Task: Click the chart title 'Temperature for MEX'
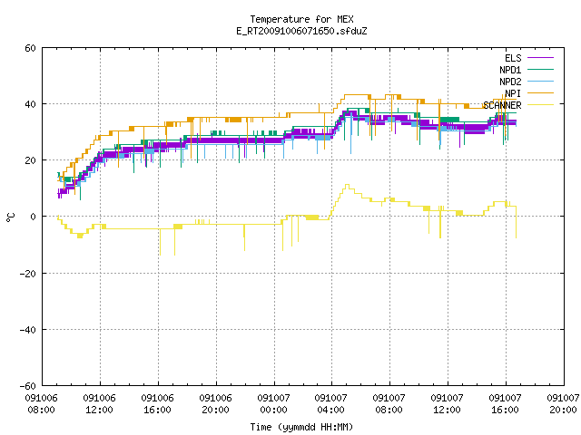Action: pyautogui.click(x=301, y=19)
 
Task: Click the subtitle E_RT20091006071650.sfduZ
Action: pyautogui.click(x=301, y=31)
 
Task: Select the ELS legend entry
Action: pyautogui.click(x=513, y=58)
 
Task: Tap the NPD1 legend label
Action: pyautogui.click(x=510, y=70)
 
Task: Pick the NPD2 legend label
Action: pyautogui.click(x=510, y=82)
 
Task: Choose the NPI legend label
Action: pyautogui.click(x=513, y=93)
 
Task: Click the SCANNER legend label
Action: pyautogui.click(x=502, y=105)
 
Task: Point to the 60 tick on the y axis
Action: pyautogui.click(x=30, y=48)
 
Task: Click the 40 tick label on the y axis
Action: pyautogui.click(x=30, y=104)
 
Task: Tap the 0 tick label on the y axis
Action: pyautogui.click(x=33, y=217)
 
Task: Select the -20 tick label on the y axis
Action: pyautogui.click(x=27, y=274)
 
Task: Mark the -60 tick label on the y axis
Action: pyautogui.click(x=27, y=386)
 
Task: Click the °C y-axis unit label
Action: pyautogui.click(x=10, y=217)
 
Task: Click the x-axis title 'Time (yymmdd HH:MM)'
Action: pyautogui.click(x=301, y=427)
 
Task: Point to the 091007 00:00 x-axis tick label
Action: pyautogui.click(x=274, y=404)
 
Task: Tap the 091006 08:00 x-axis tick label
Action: pyautogui.click(x=42, y=404)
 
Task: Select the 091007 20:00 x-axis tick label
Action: pyautogui.click(x=563, y=404)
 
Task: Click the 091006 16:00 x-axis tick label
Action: pyautogui.click(x=157, y=404)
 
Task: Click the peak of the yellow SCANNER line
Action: pyautogui.click(x=347, y=185)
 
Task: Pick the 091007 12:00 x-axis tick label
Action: pyautogui.click(x=448, y=404)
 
